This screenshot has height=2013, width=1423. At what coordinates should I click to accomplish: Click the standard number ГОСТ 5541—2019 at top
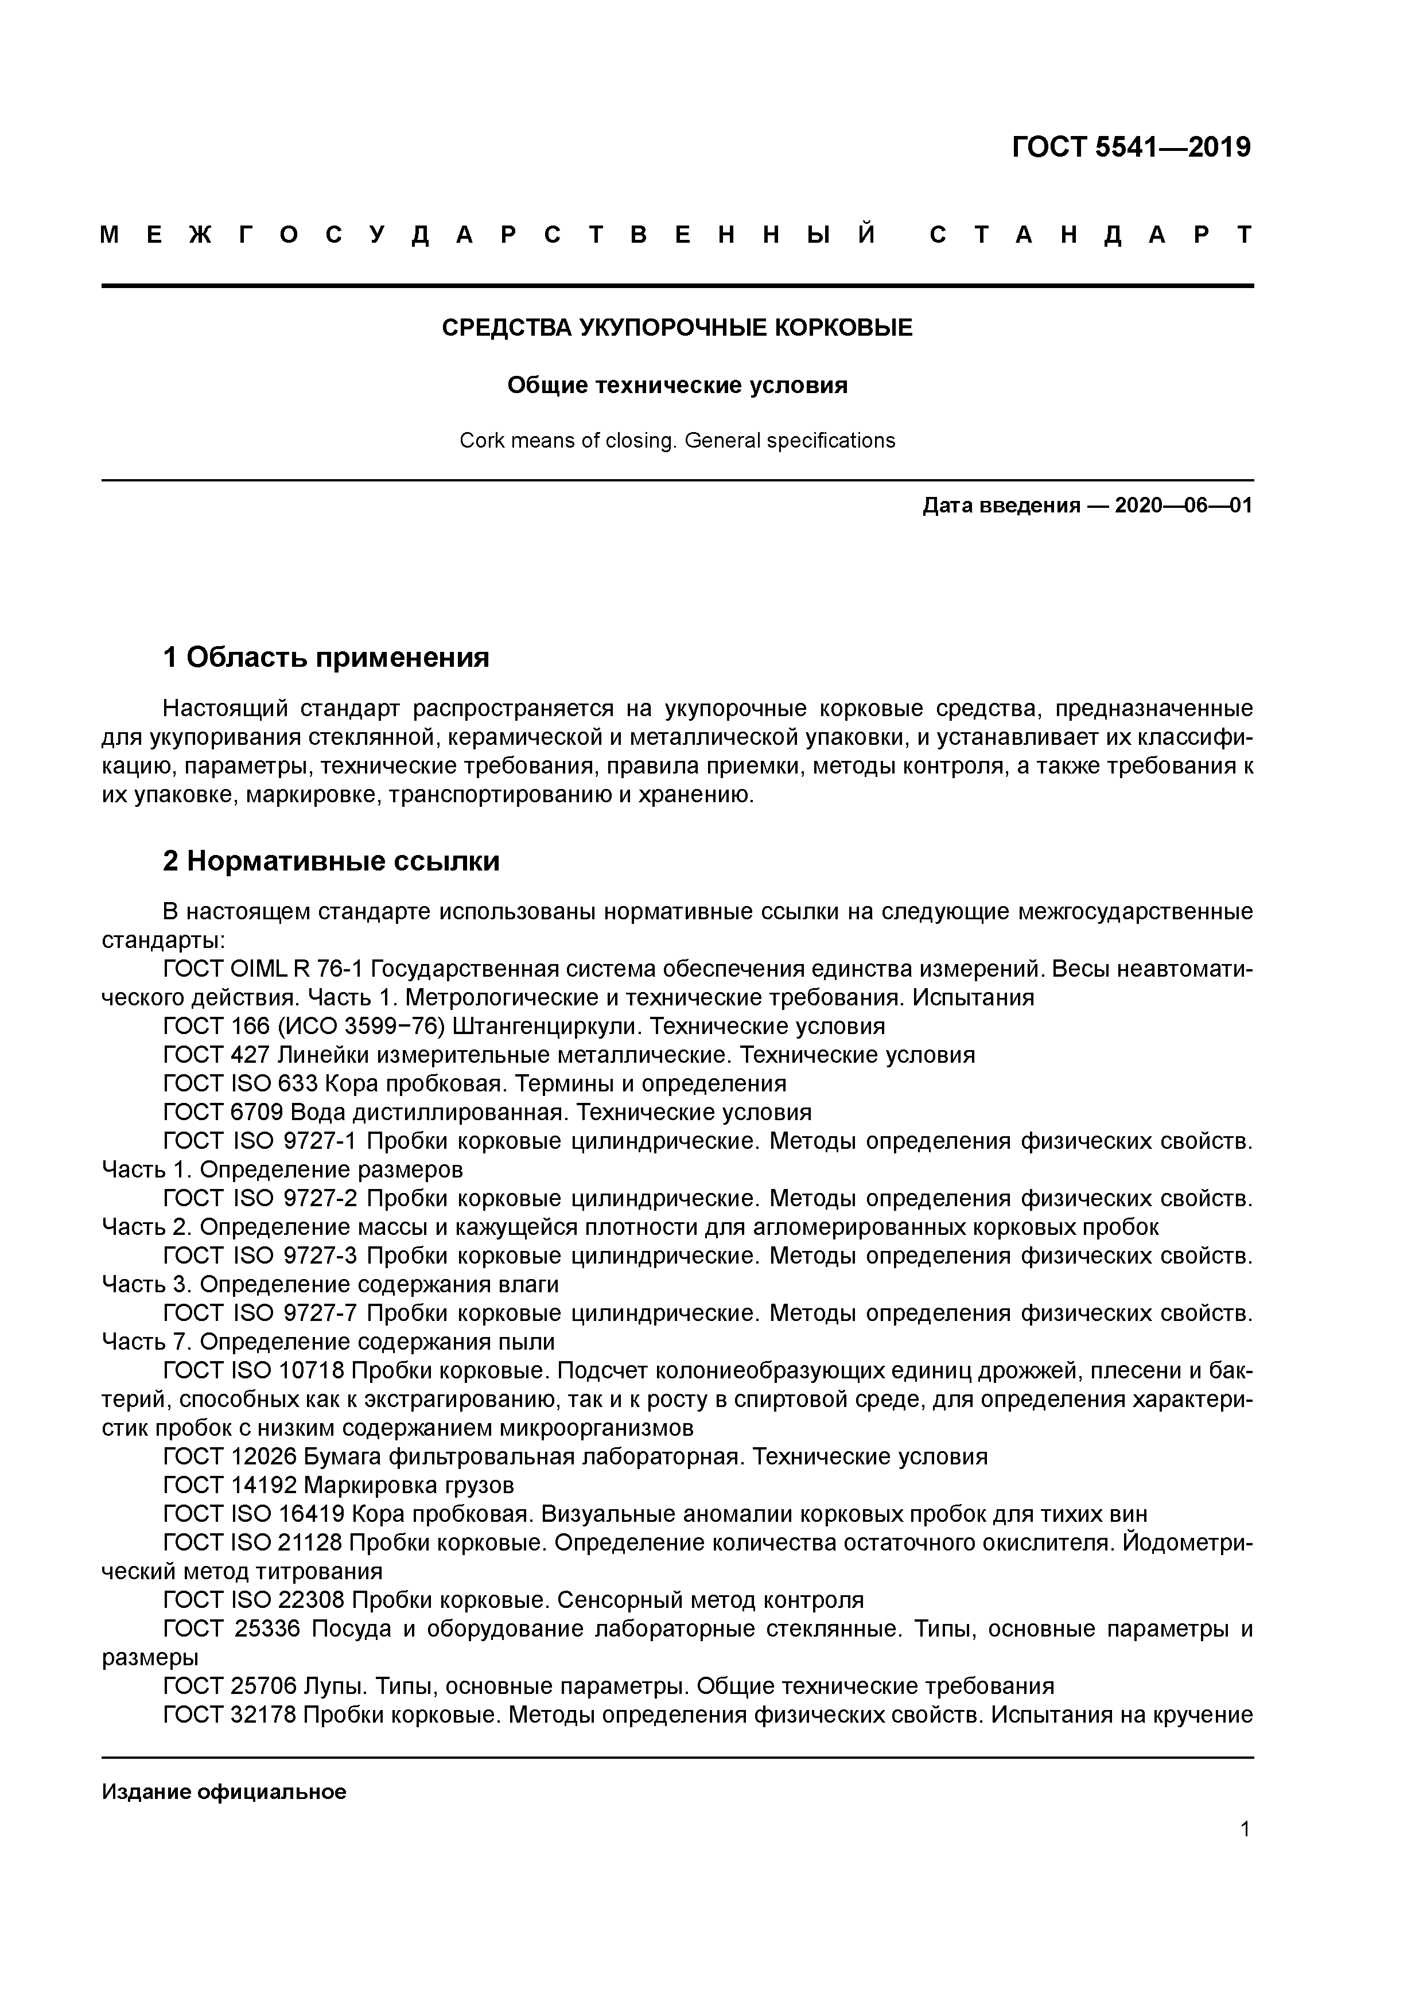click(1131, 147)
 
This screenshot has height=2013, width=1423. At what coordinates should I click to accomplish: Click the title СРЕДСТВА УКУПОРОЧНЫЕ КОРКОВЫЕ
click(677, 328)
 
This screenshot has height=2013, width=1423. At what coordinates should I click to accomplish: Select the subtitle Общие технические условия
click(677, 386)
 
